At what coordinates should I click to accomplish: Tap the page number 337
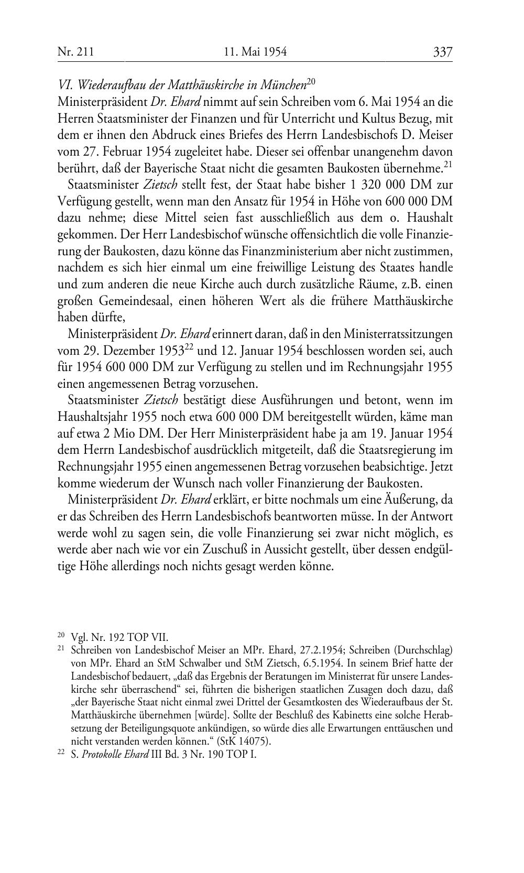click(442, 51)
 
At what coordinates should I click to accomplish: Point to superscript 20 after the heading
click(310, 81)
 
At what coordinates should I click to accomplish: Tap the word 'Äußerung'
click(418, 499)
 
